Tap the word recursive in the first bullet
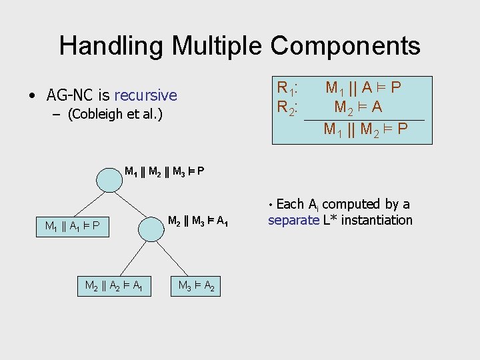click(145, 95)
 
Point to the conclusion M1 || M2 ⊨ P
click(365, 129)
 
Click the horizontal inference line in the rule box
click(363, 119)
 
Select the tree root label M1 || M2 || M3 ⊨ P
click(164, 171)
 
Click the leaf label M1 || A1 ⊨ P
click(72, 226)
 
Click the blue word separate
click(293, 221)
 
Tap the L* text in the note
click(331, 221)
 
